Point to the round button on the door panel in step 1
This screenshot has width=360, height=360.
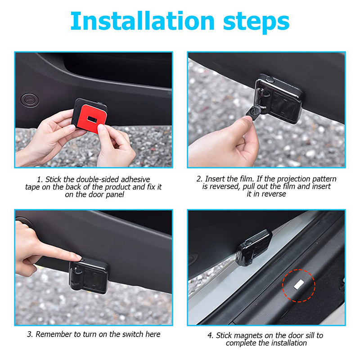30,99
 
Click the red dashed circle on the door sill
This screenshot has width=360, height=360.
299,284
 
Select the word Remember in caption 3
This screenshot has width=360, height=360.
53,334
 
